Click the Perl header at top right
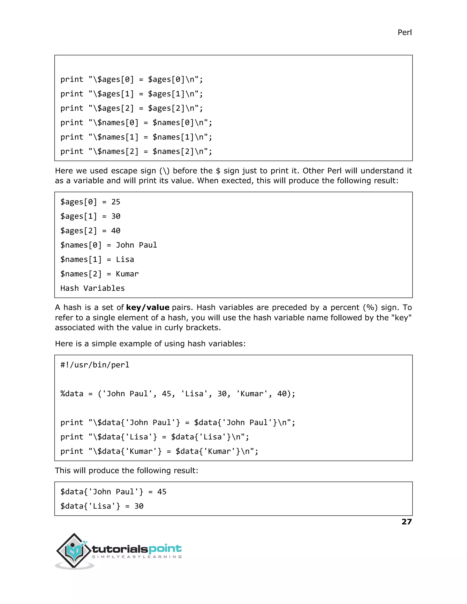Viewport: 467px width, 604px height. (405, 33)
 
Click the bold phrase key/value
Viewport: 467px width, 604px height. (148, 307)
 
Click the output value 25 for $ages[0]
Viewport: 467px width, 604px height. (116, 202)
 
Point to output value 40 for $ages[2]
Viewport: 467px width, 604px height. (116, 231)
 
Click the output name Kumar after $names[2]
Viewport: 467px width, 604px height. (127, 274)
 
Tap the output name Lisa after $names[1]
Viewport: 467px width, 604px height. (125, 260)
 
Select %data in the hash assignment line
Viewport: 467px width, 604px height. (72, 394)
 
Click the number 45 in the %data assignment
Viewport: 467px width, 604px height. (166, 394)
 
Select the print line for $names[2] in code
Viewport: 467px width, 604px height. (136, 152)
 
